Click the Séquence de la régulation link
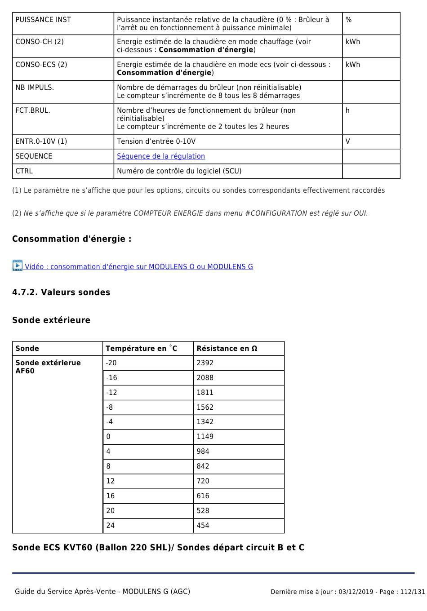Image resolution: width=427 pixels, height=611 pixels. click(161, 156)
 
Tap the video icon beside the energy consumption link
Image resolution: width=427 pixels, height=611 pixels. click(18, 266)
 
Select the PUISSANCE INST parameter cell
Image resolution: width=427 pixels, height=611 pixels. click(43, 20)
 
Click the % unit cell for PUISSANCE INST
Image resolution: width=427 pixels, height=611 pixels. click(349, 20)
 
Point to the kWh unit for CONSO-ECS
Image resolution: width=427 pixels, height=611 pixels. click(353, 65)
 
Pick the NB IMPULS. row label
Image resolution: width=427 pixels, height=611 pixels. click(35, 88)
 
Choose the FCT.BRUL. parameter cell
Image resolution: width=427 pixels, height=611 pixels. click(33, 111)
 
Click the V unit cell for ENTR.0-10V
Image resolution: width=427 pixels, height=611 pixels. click(348, 142)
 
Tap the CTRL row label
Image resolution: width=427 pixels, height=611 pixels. click(24, 171)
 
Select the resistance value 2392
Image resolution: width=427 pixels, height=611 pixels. click(205, 363)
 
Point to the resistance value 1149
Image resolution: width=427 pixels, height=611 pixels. click(205, 437)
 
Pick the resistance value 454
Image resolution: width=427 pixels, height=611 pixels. click(203, 526)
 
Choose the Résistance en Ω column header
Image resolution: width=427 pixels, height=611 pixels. click(227, 349)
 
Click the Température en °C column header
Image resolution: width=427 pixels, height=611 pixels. click(141, 349)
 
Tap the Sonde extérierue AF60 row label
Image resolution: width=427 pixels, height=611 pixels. click(48, 367)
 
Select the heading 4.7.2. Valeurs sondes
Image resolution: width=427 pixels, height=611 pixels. click(61, 292)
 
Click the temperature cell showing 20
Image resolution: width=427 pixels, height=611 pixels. click(111, 511)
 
